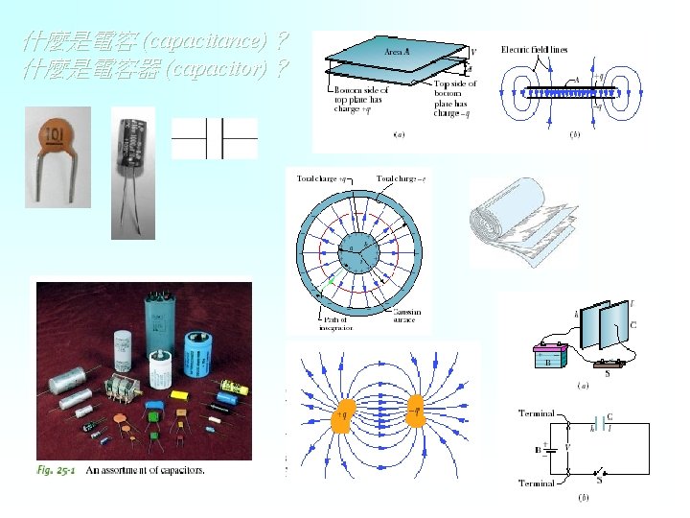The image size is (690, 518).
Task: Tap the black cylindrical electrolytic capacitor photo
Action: click(131, 153)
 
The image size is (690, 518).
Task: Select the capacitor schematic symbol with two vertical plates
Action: click(215, 138)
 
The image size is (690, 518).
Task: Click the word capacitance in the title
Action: click(202, 43)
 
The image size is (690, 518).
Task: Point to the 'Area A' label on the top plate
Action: click(396, 51)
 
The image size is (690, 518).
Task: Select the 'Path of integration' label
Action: click(336, 323)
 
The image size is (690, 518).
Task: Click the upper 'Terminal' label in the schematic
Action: click(536, 413)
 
